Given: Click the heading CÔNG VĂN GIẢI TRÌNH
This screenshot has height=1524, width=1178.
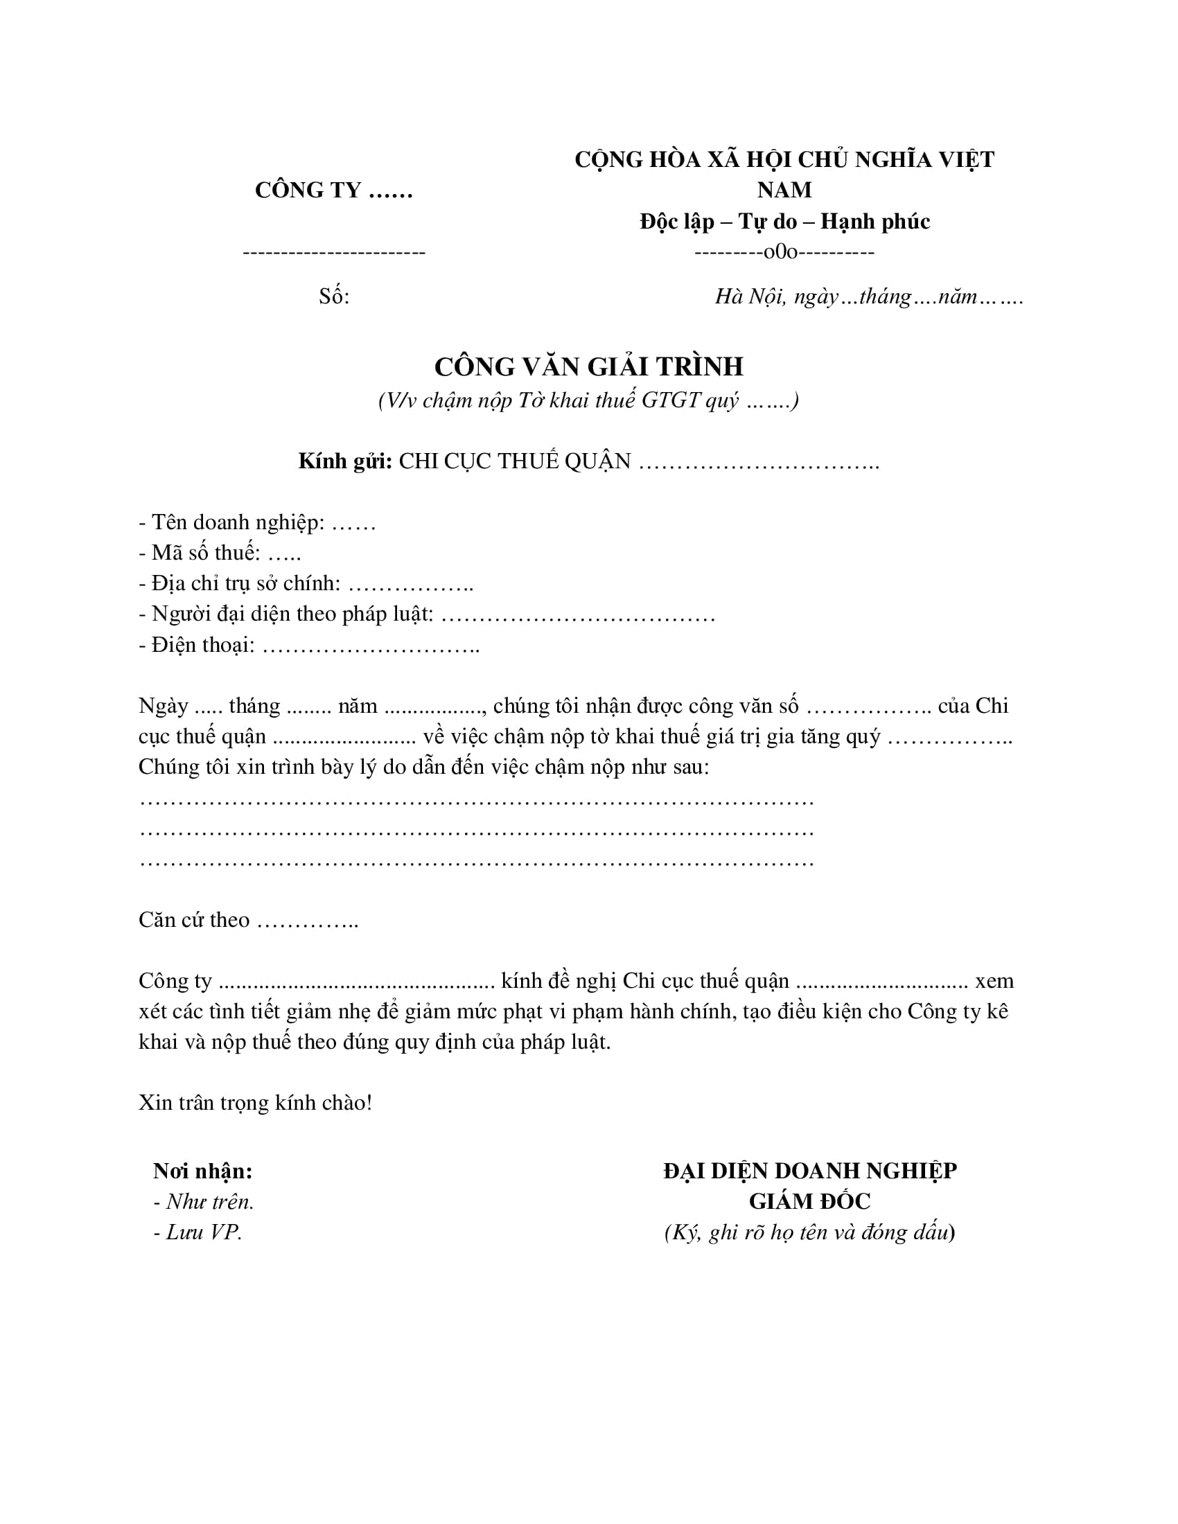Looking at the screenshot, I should click(x=588, y=367).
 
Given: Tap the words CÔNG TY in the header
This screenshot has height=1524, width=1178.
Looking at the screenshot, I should click(x=308, y=190).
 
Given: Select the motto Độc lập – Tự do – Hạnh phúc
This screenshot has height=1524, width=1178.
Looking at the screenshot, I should click(x=784, y=221).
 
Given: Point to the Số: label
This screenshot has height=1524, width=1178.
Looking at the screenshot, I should click(x=333, y=296).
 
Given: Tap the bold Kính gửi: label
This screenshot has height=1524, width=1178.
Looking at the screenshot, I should click(x=345, y=461).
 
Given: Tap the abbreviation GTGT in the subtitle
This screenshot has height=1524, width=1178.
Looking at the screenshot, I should click(x=670, y=400).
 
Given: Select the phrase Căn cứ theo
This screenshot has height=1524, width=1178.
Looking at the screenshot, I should click(x=194, y=920).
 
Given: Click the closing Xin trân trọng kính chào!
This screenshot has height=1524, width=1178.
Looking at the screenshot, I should click(x=256, y=1103).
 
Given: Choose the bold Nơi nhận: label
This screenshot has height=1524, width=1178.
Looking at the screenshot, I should click(x=202, y=1171).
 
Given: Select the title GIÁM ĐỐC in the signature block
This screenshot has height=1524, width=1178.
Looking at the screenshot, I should click(x=809, y=1202).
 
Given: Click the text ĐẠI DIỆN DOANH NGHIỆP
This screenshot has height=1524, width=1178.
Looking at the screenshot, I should click(x=809, y=1171).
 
